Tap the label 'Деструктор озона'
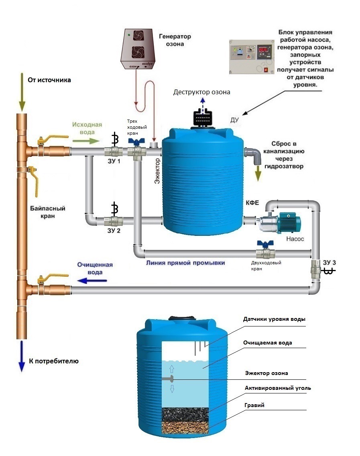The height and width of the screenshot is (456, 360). coord(202,92)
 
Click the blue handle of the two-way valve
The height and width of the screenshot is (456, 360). coord(264,244)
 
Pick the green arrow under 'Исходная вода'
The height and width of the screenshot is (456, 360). coord(85,141)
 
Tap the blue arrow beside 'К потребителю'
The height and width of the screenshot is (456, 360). coord(21,361)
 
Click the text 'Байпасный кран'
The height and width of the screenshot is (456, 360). coord(48,212)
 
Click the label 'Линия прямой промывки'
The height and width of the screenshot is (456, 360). coord(185,263)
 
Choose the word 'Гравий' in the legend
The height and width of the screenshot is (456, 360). coord(254,405)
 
